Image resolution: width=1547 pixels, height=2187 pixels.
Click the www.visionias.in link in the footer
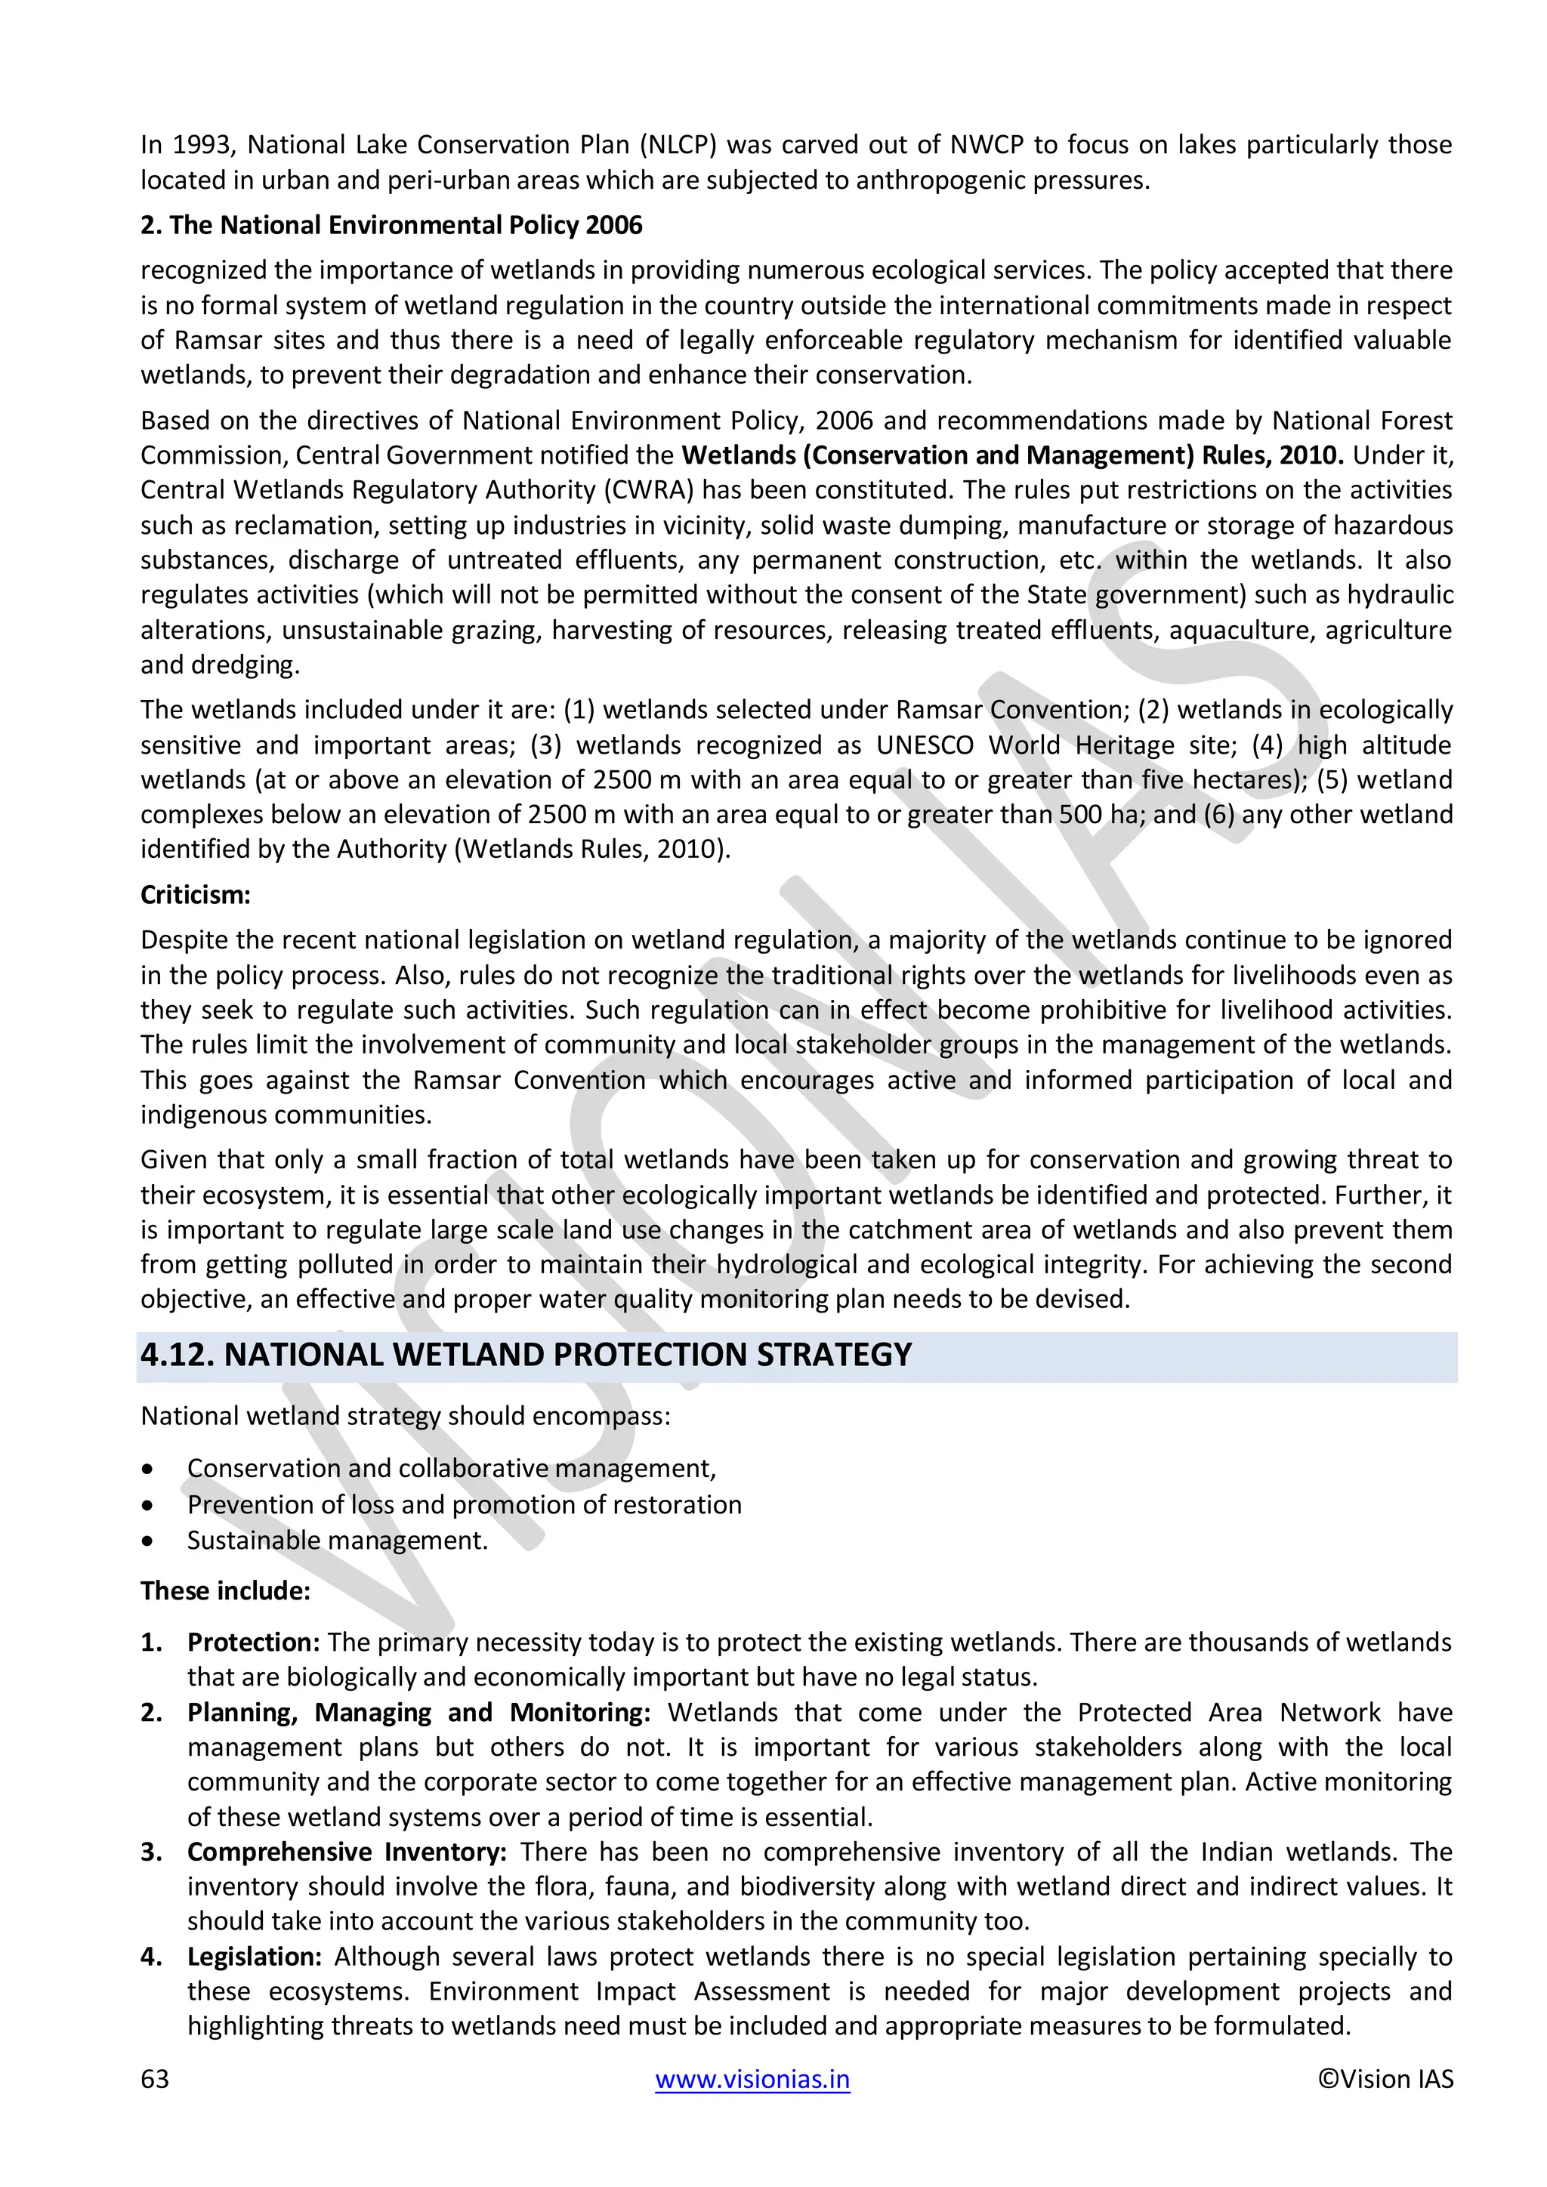tap(752, 2078)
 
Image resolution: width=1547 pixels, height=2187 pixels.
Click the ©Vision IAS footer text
tap(1385, 2078)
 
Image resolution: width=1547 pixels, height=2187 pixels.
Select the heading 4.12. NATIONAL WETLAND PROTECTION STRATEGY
tap(526, 1355)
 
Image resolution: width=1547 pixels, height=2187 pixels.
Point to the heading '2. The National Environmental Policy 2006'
tap(391, 225)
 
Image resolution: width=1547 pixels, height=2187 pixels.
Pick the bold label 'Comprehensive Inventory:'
tap(347, 1851)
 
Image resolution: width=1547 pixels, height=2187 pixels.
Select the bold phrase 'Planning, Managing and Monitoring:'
tap(418, 1712)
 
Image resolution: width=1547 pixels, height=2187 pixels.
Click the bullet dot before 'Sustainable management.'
tap(147, 1541)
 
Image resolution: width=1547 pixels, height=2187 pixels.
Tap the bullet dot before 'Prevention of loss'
tap(147, 1505)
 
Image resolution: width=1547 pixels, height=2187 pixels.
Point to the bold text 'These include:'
tap(225, 1590)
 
